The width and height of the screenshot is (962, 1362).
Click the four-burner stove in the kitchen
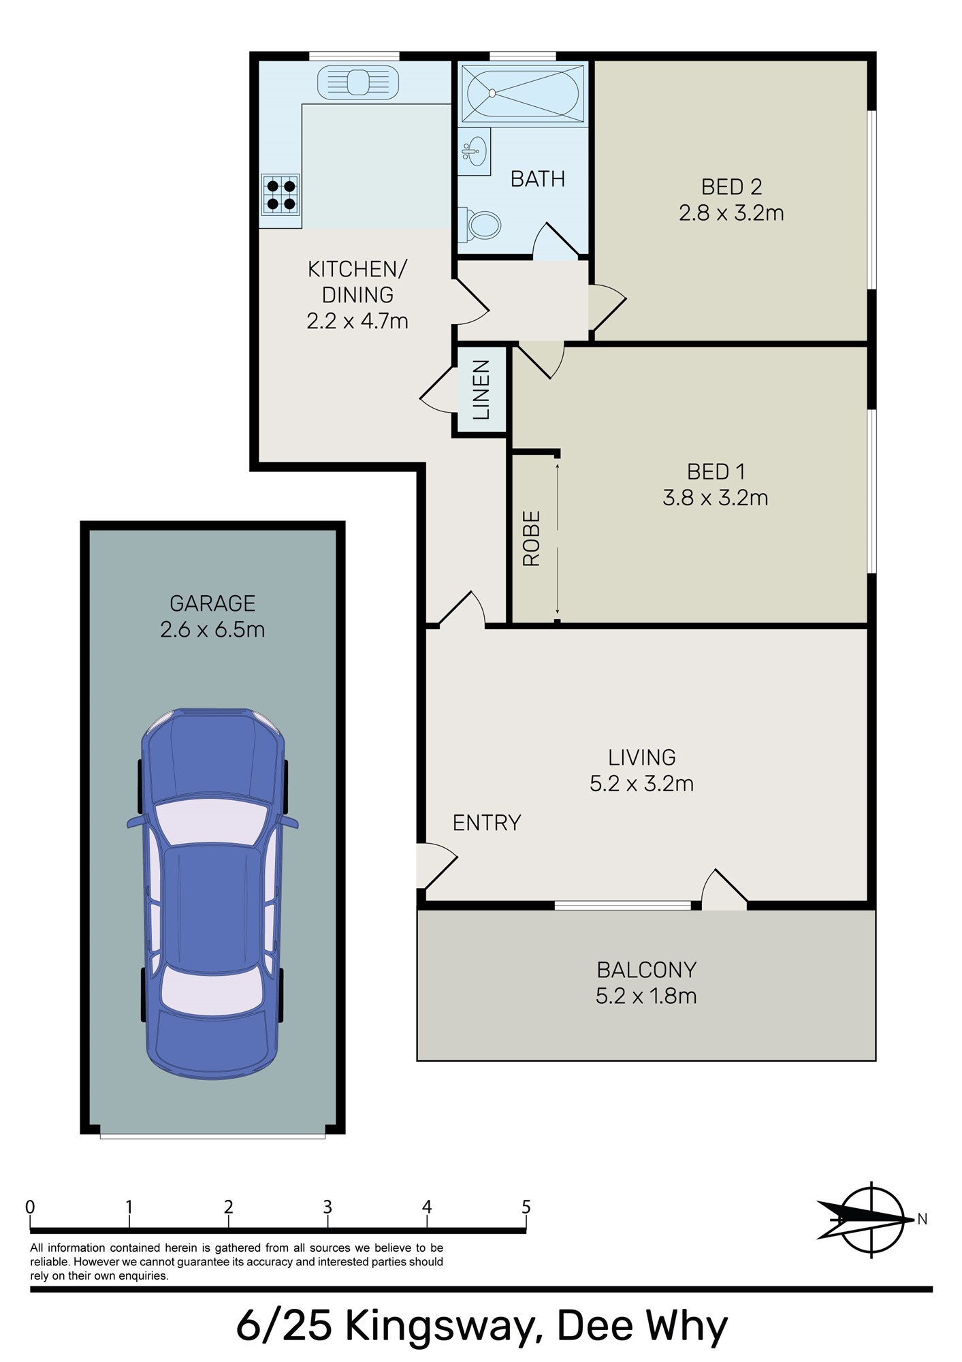[280, 194]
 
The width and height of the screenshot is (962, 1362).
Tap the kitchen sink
[358, 82]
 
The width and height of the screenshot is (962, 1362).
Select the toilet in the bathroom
[483, 225]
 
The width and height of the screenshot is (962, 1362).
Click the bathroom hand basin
[475, 151]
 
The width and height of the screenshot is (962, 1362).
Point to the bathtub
[522, 93]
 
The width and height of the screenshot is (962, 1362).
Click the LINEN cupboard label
[481, 390]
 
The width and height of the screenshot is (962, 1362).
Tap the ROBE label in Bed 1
[531, 538]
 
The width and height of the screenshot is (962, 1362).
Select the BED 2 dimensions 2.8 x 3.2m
[731, 213]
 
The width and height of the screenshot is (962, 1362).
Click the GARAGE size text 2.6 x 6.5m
[212, 629]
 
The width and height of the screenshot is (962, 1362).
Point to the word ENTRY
[487, 823]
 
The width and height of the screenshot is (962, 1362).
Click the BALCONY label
[646, 969]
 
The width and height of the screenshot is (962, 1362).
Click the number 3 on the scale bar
[327, 1207]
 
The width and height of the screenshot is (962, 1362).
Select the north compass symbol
[871, 1220]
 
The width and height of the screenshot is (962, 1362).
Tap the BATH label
[538, 179]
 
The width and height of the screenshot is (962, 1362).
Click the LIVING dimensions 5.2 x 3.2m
[641, 783]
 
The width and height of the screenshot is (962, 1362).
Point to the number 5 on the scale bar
[526, 1207]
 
